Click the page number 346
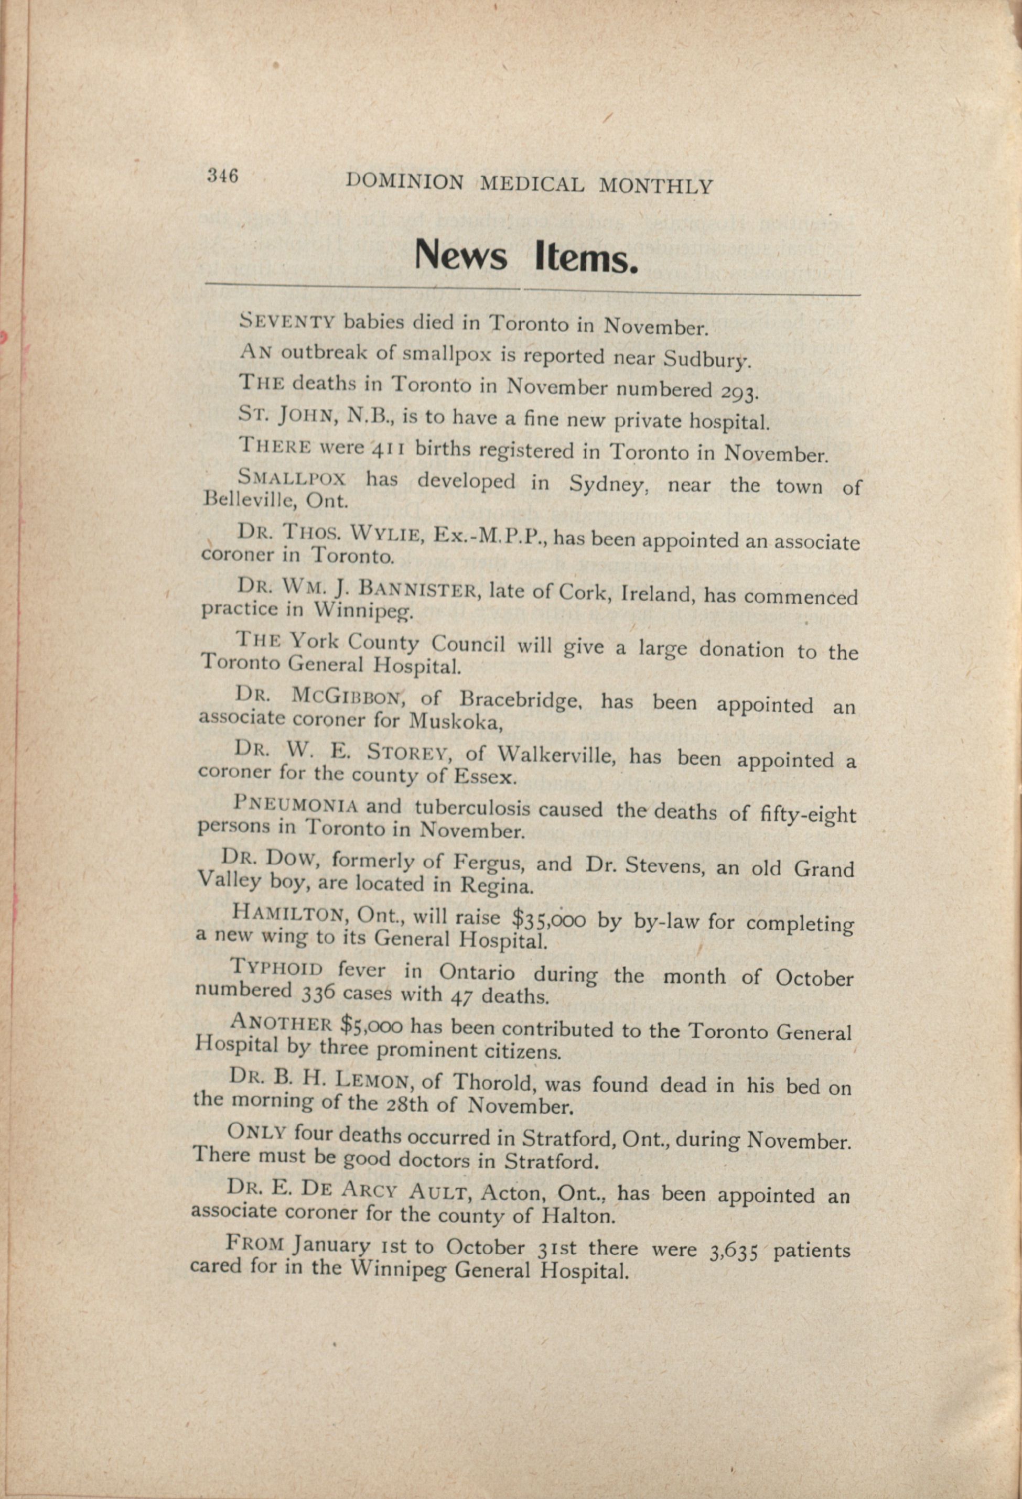222,176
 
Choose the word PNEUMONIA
296,806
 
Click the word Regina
496,886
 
